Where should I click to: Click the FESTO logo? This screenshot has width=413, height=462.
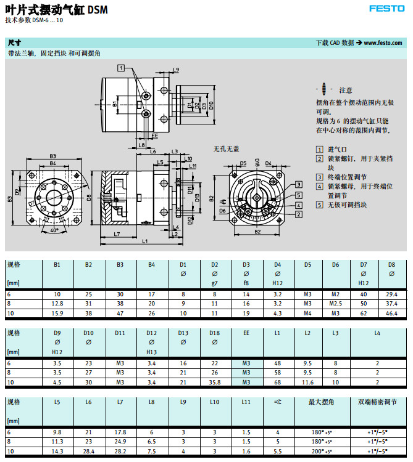coord(386,9)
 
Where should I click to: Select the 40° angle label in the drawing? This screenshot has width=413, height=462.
coord(54,230)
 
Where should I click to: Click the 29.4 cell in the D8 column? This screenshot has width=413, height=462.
coord(391,294)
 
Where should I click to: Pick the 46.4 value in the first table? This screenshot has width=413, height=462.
coord(391,313)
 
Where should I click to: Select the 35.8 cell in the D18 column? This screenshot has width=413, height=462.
coord(215,382)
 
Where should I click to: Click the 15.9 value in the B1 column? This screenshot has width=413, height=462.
coord(57,313)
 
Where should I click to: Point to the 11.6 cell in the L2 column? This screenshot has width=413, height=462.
coord(307,382)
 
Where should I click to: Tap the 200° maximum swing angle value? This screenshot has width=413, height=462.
coord(321,451)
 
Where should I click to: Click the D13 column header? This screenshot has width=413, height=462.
coord(183,333)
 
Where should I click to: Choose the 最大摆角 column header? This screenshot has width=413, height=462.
coord(321,402)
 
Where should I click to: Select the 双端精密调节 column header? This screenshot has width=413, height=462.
coord(378,402)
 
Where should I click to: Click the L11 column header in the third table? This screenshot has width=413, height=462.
coord(246,402)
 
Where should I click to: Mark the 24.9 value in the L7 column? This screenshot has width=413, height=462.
coord(120,442)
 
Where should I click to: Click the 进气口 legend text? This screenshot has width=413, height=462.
coord(336,149)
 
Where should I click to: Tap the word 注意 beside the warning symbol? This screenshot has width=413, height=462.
coord(346,90)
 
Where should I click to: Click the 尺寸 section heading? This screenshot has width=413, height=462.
coord(14,43)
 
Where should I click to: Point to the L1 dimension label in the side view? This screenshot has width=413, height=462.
coord(144,241)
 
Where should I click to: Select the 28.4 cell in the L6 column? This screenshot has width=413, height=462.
coord(89,451)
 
